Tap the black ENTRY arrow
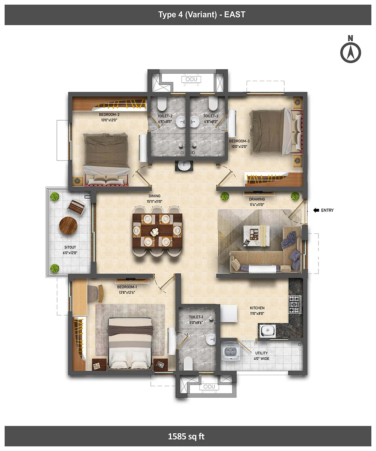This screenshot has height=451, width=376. tap(316, 210)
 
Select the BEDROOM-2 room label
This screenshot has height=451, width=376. tap(109, 115)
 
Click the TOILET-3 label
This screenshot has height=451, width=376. tap(211, 116)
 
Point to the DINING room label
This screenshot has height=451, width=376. tap(155, 196)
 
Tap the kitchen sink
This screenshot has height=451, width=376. tap(267, 331)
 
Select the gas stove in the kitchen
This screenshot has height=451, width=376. tap(295, 305)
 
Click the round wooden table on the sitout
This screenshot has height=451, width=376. tap(68, 225)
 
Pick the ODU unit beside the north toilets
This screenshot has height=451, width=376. tap(191, 79)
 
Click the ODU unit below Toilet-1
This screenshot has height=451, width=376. tap(209, 387)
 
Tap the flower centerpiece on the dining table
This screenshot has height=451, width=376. tap(155, 232)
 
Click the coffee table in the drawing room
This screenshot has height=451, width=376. tap(256, 236)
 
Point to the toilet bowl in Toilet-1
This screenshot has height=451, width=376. tap(188, 363)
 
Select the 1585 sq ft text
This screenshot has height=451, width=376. tap(186, 436)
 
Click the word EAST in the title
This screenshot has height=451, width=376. tap(235, 15)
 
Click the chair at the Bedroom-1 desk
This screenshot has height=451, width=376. tap(96, 294)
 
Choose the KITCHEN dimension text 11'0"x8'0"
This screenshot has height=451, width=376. tap(257, 313)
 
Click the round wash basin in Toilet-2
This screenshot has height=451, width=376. tap(180, 122)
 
